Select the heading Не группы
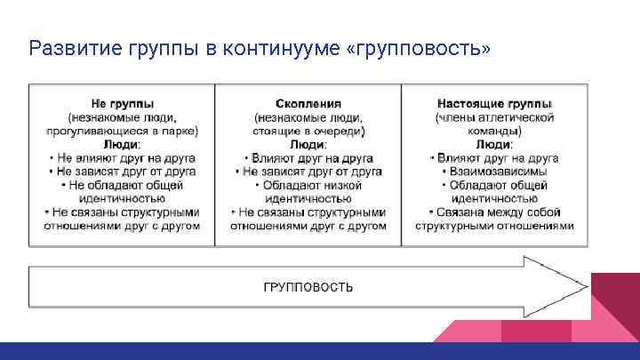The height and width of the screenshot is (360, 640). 122,104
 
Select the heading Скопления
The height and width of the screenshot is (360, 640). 308,104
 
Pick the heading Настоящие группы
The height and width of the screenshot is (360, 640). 494,104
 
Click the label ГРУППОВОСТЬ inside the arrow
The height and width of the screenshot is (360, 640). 308,286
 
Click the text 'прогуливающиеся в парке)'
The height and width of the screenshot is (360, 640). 122,131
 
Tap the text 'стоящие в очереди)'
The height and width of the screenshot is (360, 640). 308,131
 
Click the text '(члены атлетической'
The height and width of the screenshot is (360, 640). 494,117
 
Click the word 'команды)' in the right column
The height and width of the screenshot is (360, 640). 494,131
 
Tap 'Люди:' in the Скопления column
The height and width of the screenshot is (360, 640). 308,144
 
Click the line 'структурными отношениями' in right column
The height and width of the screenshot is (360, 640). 494,226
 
